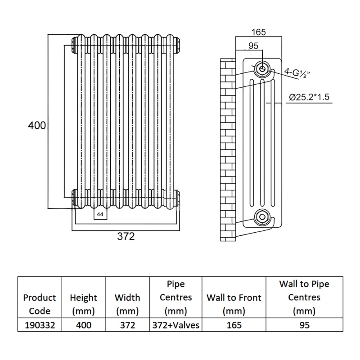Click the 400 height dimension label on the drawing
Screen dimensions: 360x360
[37, 126]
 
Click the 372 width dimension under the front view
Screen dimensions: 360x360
[126, 237]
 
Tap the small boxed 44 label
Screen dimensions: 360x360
[100, 215]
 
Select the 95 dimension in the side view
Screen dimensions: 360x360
[253, 45]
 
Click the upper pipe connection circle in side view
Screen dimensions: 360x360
[261, 68]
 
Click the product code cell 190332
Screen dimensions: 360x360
[39, 325]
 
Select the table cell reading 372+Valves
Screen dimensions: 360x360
[176, 325]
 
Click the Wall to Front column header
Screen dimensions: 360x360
[234, 304]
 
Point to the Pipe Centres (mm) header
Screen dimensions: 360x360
[176, 297]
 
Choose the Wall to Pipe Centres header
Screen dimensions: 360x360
[304, 297]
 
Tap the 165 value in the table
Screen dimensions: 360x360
[234, 325]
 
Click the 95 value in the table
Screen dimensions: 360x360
[304, 325]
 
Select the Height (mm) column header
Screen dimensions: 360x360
[83, 304]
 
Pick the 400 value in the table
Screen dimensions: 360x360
[83, 325]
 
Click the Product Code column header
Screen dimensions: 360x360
[39, 304]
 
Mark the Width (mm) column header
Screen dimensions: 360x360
[127, 304]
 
